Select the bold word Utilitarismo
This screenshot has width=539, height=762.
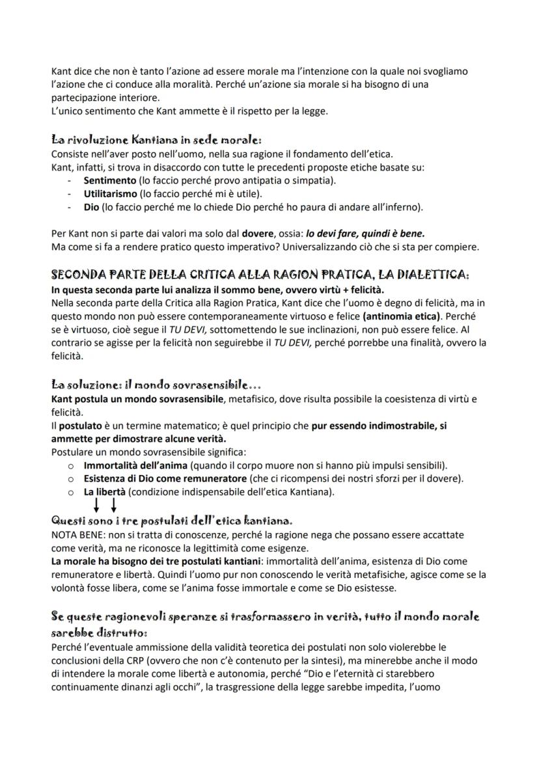[x=111, y=194]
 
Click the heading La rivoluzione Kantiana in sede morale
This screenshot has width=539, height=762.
[x=156, y=140]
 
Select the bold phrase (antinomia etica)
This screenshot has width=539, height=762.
[x=401, y=316]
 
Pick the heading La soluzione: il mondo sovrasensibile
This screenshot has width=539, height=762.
[x=156, y=385]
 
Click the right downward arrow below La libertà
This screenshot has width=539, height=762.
[x=114, y=506]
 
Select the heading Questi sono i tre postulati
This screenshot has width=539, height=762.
[x=172, y=521]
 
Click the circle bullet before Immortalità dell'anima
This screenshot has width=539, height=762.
[x=71, y=466]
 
